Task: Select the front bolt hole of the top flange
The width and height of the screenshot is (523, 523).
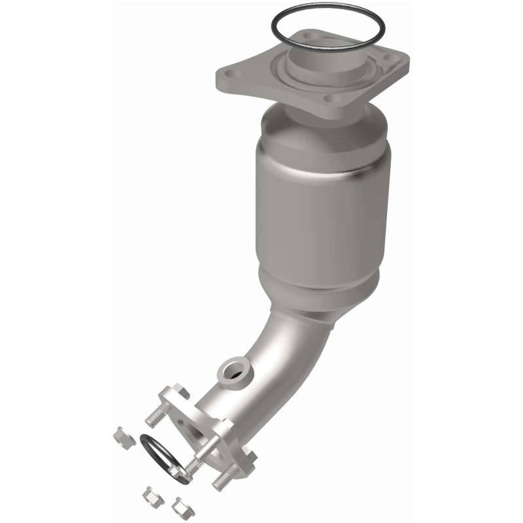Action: click(335, 99)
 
